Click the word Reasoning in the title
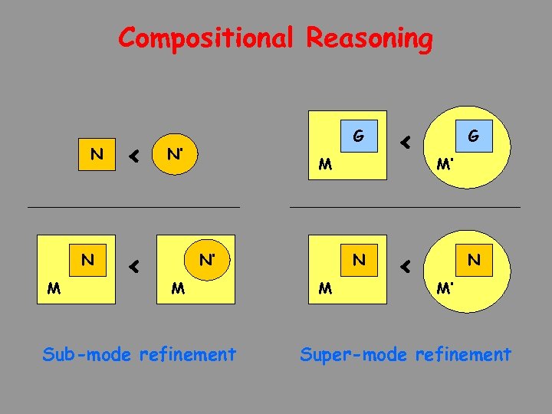click(370, 38)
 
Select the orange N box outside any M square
click(97, 155)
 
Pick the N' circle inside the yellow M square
click(205, 260)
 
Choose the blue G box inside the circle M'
click(473, 136)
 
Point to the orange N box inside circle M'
click(473, 260)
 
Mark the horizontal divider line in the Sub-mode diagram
click(133, 207)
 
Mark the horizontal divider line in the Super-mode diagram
click(405, 207)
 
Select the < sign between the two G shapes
click(406, 142)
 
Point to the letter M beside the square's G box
click(326, 164)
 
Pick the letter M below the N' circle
click(178, 288)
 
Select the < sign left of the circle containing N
click(406, 266)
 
